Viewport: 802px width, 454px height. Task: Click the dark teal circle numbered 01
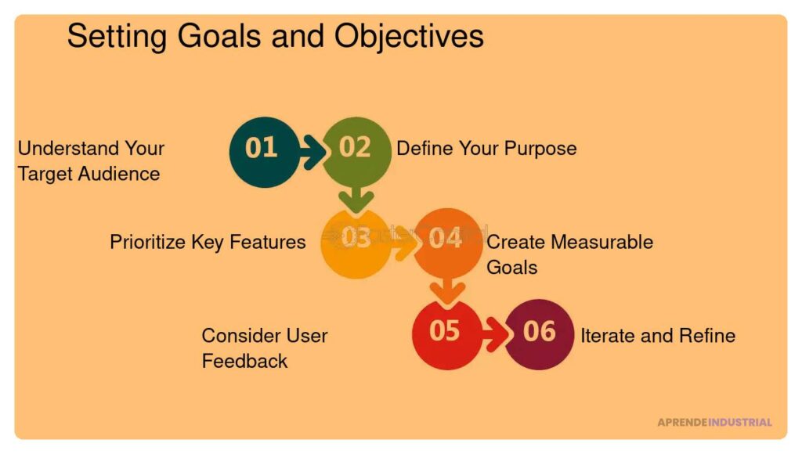[262, 151]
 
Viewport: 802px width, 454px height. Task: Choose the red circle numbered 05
[445, 333]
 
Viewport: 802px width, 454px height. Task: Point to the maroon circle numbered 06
[540, 333]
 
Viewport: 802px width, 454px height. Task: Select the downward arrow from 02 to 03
[356, 197]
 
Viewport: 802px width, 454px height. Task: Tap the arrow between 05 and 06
[494, 335]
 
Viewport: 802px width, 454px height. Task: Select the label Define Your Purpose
[486, 148]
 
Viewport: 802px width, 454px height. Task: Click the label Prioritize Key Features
[208, 242]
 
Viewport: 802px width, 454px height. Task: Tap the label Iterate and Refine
[657, 336]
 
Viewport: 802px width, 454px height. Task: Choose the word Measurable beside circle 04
[602, 242]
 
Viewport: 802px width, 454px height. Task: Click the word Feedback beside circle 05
[244, 361]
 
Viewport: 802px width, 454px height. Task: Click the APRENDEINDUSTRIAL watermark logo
[714, 423]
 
